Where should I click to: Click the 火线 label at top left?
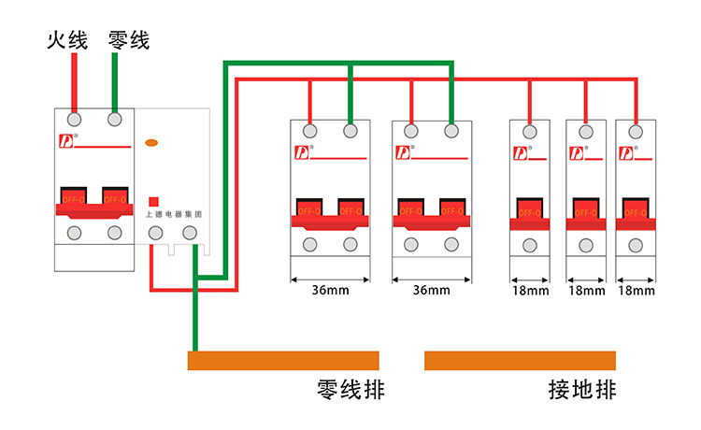pyautogui.click(x=67, y=40)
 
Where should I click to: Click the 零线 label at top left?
pyautogui.click(x=128, y=40)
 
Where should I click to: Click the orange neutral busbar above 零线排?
pyautogui.click(x=283, y=361)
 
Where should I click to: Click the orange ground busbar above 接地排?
pyautogui.click(x=520, y=361)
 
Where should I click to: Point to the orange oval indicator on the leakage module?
pyautogui.click(x=151, y=144)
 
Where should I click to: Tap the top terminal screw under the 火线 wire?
pyautogui.click(x=75, y=120)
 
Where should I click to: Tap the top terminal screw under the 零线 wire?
pyautogui.click(x=115, y=120)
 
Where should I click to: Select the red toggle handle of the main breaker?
pyautogui.click(x=94, y=204)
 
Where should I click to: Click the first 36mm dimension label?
pyautogui.click(x=330, y=291)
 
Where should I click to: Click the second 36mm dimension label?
pyautogui.click(x=431, y=291)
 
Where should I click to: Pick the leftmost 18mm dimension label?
pyautogui.click(x=530, y=291)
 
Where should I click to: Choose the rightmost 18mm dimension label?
pyautogui.click(x=636, y=291)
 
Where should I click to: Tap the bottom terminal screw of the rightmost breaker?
pyautogui.click(x=636, y=246)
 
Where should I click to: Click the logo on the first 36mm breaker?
pyautogui.click(x=302, y=151)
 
